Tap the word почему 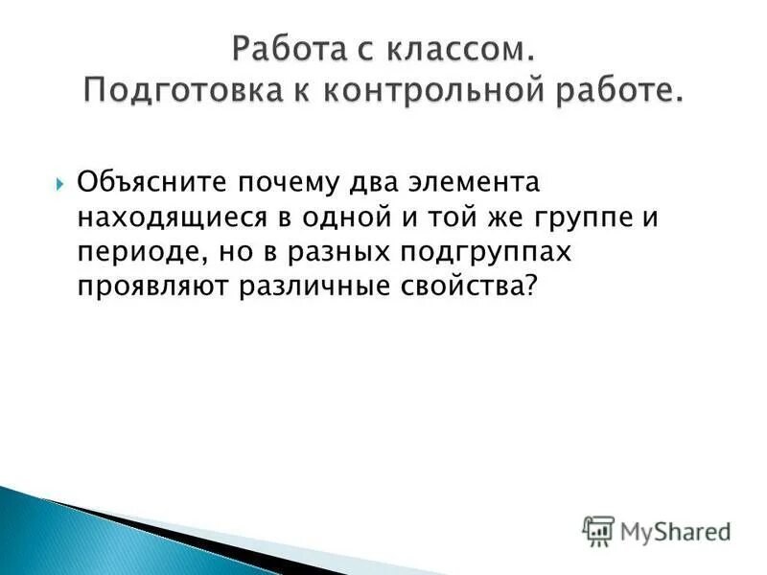coord(281,181)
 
